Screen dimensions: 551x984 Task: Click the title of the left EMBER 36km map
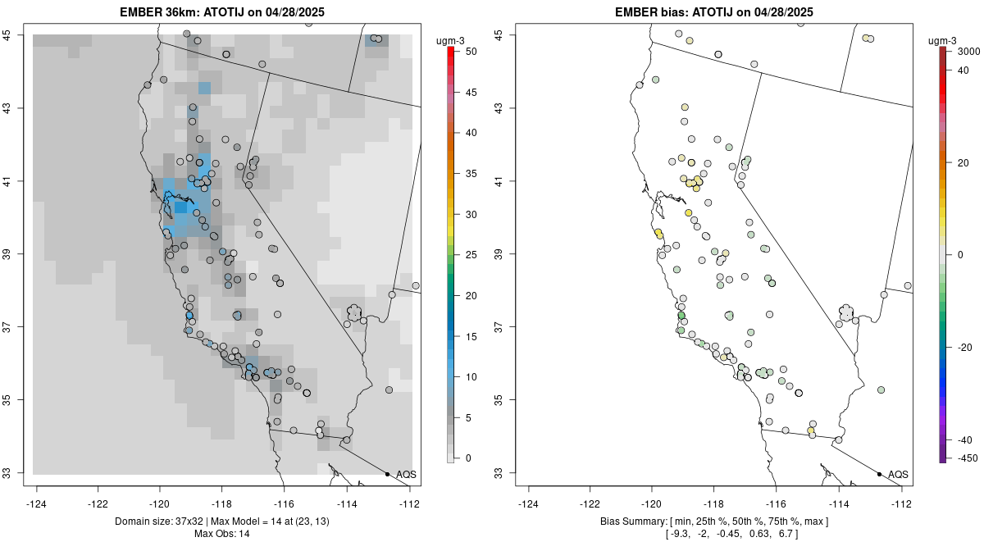pos(225,12)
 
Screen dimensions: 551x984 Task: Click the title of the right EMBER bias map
pos(714,12)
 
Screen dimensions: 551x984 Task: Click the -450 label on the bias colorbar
pos(964,458)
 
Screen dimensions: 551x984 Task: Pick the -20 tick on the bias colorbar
pos(964,348)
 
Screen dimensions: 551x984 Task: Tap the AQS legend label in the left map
pos(406,475)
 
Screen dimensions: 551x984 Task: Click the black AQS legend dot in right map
pos(879,474)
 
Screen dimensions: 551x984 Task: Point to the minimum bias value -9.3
pos(678,534)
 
